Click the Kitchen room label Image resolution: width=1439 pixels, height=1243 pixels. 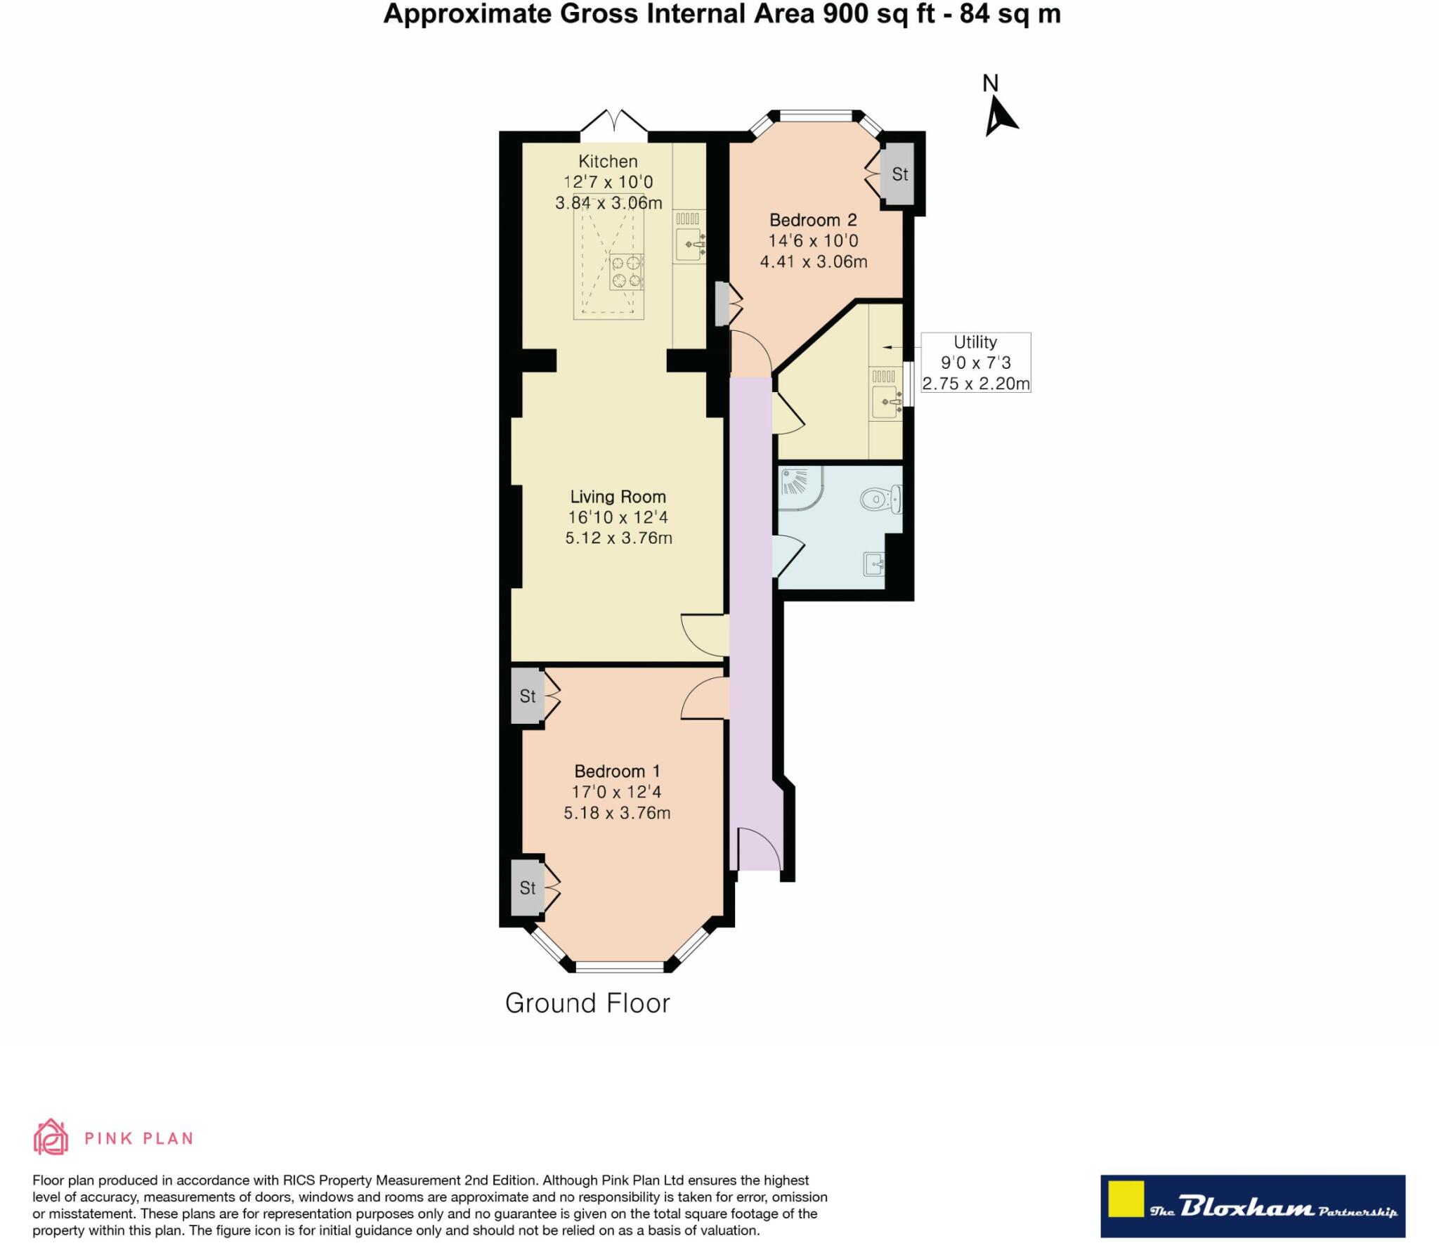click(608, 162)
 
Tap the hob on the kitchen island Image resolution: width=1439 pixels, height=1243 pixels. click(626, 272)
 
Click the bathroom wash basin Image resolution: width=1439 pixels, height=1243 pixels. click(873, 564)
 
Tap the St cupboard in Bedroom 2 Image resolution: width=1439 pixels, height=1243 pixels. click(899, 174)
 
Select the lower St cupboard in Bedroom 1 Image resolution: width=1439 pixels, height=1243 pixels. click(528, 888)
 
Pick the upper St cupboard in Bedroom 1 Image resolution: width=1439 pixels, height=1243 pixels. click(528, 696)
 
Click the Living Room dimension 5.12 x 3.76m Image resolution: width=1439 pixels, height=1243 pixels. click(618, 538)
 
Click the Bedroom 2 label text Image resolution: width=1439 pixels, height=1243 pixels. click(813, 220)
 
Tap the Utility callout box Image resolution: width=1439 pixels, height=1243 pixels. click(975, 363)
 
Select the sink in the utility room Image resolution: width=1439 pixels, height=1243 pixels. click(885, 401)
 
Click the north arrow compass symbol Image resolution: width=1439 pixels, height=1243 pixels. click(999, 116)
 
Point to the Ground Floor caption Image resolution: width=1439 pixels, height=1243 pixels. click(587, 1003)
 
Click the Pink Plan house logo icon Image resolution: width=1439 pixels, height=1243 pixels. click(51, 1137)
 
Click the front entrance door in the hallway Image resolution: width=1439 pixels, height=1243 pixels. click(757, 849)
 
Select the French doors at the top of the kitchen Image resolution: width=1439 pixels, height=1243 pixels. click(614, 122)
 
